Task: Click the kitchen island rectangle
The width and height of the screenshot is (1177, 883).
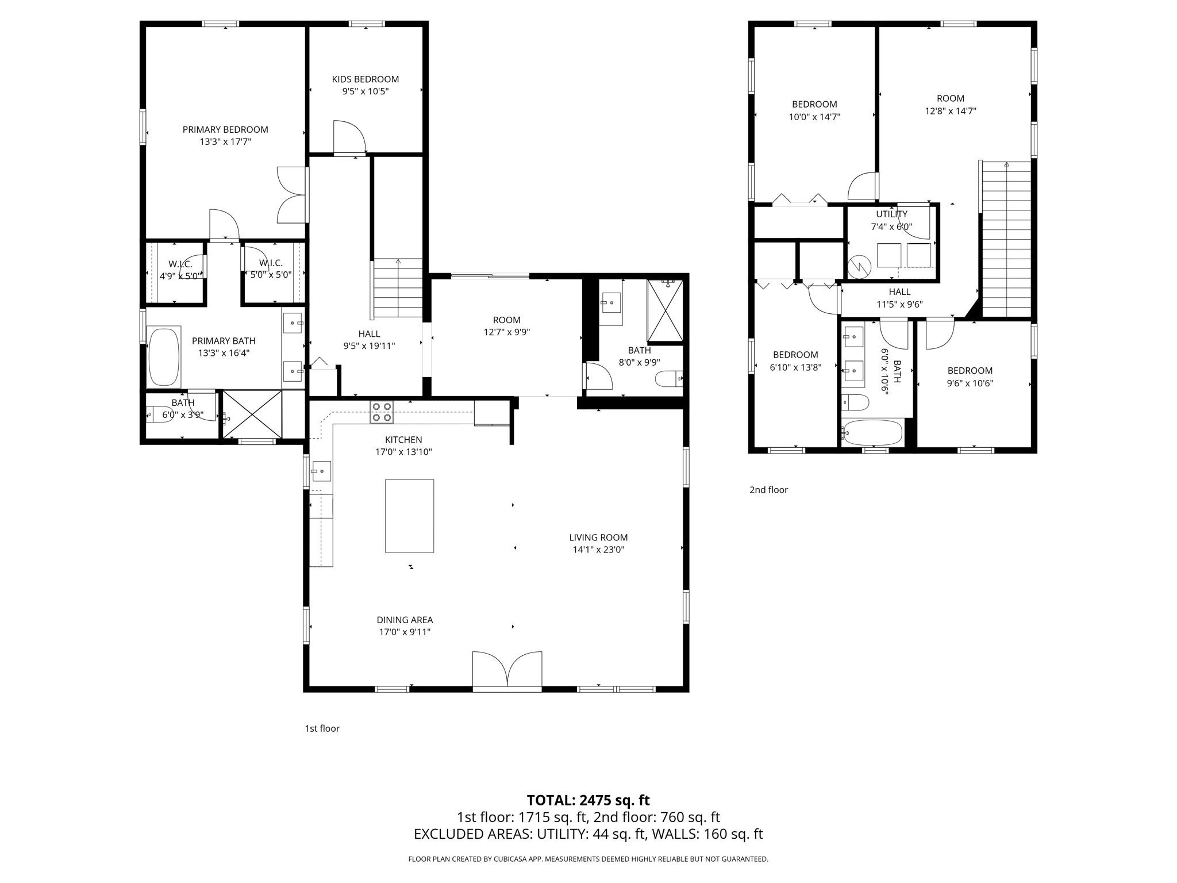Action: pyautogui.click(x=409, y=516)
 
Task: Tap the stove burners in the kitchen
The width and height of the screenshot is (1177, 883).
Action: pyautogui.click(x=382, y=412)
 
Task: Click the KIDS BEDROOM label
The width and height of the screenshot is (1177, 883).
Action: pyautogui.click(x=365, y=79)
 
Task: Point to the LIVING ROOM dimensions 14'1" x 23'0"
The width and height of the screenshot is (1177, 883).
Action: pyautogui.click(x=598, y=550)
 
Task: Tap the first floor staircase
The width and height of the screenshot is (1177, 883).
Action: pyautogui.click(x=398, y=289)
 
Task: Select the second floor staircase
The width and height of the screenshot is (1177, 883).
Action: pyautogui.click(x=1006, y=239)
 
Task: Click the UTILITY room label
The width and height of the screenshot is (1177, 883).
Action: pyautogui.click(x=891, y=214)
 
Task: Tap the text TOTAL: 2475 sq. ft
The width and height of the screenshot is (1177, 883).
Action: pyautogui.click(x=588, y=800)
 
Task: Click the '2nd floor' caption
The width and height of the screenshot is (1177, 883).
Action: pyautogui.click(x=768, y=490)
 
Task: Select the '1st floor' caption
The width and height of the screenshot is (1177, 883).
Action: pyautogui.click(x=322, y=728)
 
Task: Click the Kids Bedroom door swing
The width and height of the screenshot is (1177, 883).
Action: pyautogui.click(x=348, y=137)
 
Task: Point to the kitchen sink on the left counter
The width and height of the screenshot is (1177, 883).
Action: pyautogui.click(x=321, y=471)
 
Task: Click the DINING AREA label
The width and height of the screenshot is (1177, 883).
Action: pyautogui.click(x=405, y=620)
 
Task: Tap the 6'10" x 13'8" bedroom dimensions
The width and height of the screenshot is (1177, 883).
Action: pyautogui.click(x=795, y=367)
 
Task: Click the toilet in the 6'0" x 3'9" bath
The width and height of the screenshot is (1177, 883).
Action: pyautogui.click(x=159, y=413)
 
